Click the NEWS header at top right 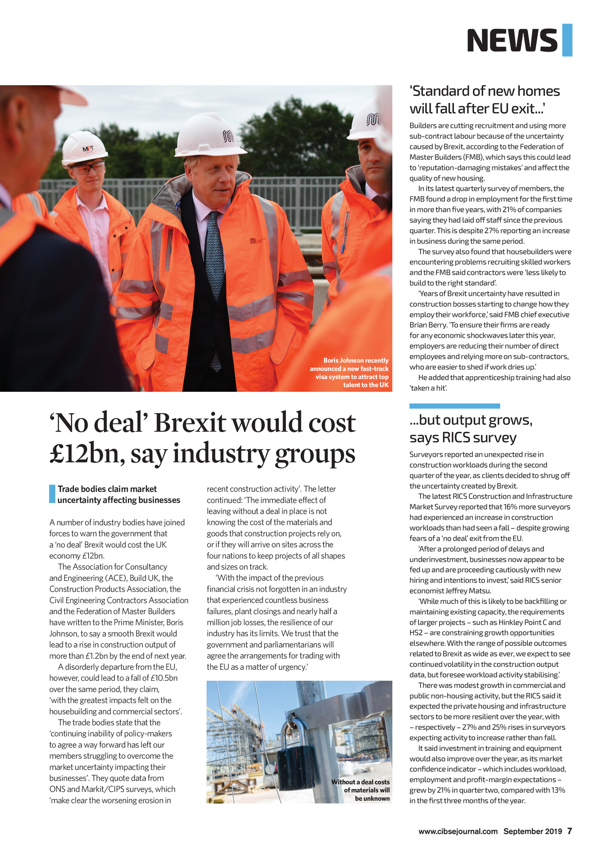[512, 40]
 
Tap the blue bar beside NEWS [567, 40]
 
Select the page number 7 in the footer [570, 831]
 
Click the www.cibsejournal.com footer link [458, 831]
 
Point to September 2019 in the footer [532, 831]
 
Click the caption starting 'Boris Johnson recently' [349, 372]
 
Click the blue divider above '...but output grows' [454, 406]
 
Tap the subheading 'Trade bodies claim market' [119, 495]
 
